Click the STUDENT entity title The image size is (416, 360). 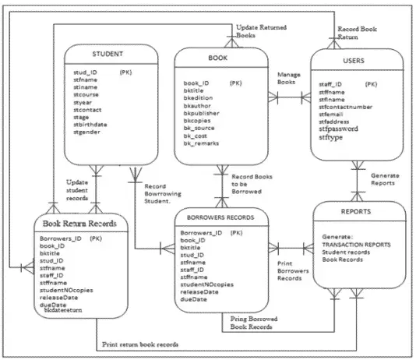108,54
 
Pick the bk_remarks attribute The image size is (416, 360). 201,144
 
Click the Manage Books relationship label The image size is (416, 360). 289,79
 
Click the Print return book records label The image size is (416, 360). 139,344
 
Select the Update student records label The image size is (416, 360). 76,189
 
